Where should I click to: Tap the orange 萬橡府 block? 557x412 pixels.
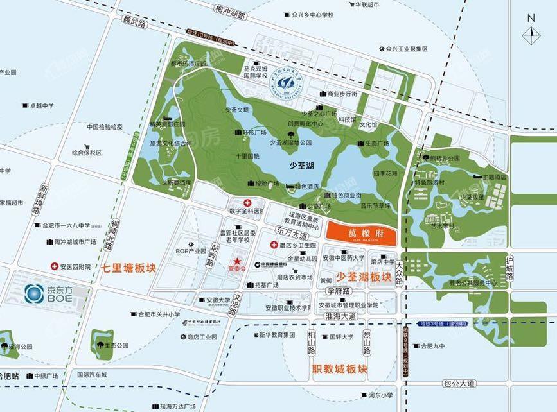tap(362, 232)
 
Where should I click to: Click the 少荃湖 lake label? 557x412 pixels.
tap(301, 166)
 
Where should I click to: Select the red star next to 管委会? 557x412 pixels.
tap(238, 261)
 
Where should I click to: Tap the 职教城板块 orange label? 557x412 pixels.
tap(340, 370)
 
